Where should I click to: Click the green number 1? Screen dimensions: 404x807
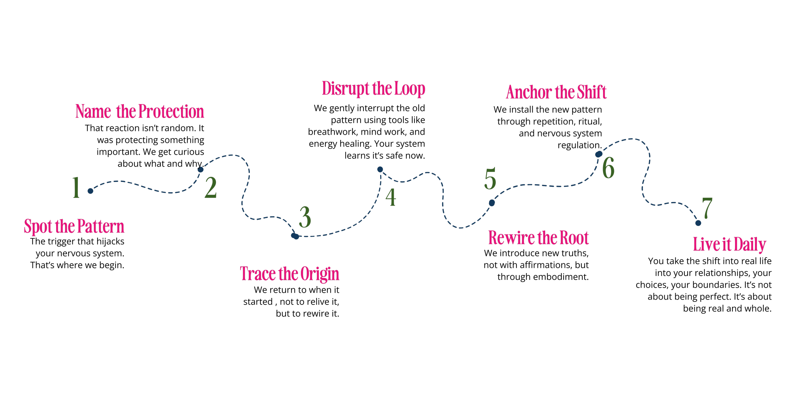pyautogui.click(x=76, y=187)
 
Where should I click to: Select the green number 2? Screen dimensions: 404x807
pyautogui.click(x=210, y=187)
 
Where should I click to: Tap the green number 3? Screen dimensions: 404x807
pyautogui.click(x=305, y=217)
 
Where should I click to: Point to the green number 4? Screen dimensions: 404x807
pyautogui.click(x=391, y=197)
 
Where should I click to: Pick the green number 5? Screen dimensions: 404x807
pyautogui.click(x=490, y=179)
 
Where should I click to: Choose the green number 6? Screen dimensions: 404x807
pyautogui.click(x=608, y=168)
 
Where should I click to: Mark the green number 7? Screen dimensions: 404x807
pyautogui.click(x=707, y=208)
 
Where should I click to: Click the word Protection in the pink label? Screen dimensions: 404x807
pyautogui.click(x=171, y=112)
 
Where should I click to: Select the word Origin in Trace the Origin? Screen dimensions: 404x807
pyautogui.click(x=320, y=274)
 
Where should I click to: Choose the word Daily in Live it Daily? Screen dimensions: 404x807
pyautogui.click(x=750, y=245)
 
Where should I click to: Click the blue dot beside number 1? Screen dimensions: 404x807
pyautogui.click(x=90, y=191)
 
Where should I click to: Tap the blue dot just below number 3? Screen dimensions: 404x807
pyautogui.click(x=295, y=236)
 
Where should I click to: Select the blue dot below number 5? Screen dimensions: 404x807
pyautogui.click(x=492, y=203)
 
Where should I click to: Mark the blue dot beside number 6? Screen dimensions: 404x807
pyautogui.click(x=599, y=154)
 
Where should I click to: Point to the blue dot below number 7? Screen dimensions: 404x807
pyautogui.click(x=698, y=223)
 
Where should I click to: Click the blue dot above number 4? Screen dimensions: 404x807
pyautogui.click(x=380, y=169)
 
